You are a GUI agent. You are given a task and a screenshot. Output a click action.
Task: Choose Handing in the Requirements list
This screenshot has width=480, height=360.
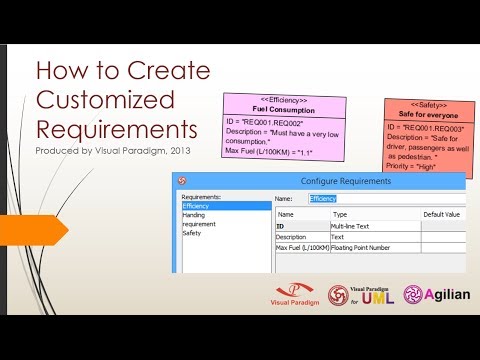pos(194,215)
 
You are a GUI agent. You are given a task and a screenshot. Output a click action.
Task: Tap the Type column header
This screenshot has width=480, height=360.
pos(340,214)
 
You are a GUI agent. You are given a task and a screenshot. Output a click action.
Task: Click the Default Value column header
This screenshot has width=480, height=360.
pos(441,214)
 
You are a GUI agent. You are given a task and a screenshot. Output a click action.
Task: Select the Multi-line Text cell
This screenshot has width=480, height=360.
pos(353,226)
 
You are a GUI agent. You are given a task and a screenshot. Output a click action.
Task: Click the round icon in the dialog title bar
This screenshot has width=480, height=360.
pos(181,180)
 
